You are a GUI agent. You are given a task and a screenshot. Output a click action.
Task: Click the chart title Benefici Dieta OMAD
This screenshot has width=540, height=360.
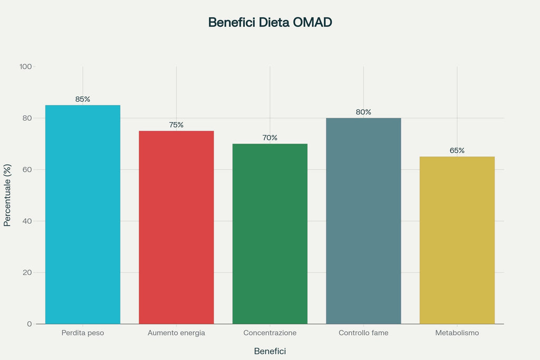click(x=270, y=23)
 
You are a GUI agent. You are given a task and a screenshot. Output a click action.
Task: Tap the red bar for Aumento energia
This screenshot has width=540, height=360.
click(x=176, y=227)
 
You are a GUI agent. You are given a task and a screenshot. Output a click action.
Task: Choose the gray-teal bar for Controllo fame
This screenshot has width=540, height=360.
click(x=363, y=221)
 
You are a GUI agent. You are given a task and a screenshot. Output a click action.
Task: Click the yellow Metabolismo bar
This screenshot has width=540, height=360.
click(x=457, y=240)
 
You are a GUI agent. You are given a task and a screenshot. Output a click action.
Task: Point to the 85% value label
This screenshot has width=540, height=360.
click(x=83, y=99)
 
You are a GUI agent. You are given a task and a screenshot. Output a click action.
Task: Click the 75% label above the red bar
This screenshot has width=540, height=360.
click(x=176, y=125)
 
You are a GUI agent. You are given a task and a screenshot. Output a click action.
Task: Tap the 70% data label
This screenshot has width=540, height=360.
click(x=270, y=138)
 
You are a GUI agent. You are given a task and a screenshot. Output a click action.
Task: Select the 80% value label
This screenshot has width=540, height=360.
click(x=363, y=112)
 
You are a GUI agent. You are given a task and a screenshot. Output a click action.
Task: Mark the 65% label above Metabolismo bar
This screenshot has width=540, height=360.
click(x=457, y=151)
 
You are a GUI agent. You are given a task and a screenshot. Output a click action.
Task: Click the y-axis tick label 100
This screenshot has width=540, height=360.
click(x=25, y=67)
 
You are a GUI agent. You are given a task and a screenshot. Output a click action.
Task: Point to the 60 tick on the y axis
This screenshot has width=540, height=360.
click(x=27, y=170)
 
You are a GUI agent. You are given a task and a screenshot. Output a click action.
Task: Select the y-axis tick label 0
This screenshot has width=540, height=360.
click(x=30, y=324)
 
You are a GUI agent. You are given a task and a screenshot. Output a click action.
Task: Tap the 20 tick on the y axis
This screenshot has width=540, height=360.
click(x=27, y=273)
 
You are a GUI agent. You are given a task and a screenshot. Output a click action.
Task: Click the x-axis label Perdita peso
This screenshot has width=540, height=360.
click(x=83, y=333)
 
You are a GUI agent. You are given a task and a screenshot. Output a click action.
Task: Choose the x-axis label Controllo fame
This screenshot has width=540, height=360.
click(x=363, y=333)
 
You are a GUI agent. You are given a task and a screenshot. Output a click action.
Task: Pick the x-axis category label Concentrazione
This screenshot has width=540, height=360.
click(x=270, y=333)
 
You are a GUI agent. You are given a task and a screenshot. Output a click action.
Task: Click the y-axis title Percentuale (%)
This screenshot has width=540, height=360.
click(x=7, y=195)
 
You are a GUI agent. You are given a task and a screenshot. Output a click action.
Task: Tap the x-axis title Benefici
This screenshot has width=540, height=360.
click(x=270, y=351)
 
